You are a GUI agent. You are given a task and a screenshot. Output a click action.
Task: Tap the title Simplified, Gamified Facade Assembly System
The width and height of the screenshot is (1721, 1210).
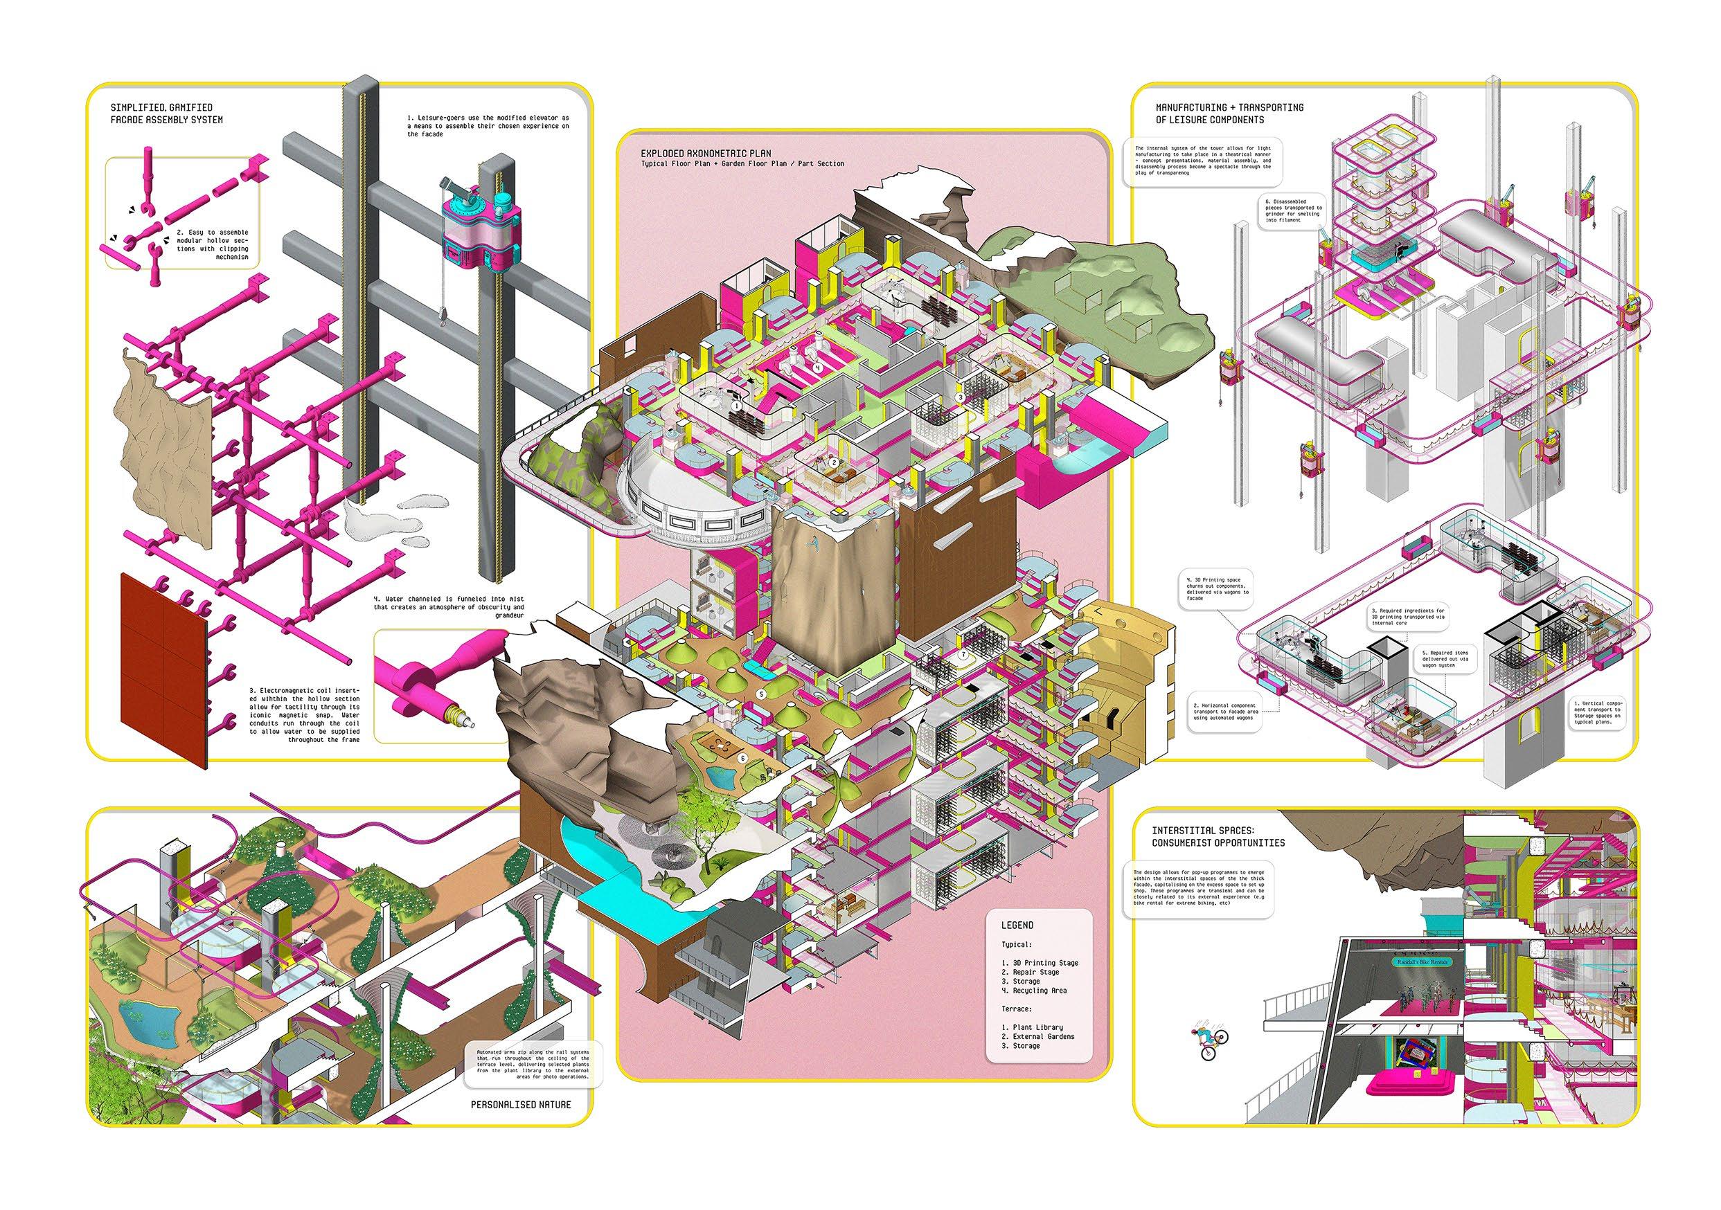(166, 114)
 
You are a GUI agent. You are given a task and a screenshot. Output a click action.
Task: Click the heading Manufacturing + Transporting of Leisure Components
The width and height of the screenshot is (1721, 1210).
(1220, 113)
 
